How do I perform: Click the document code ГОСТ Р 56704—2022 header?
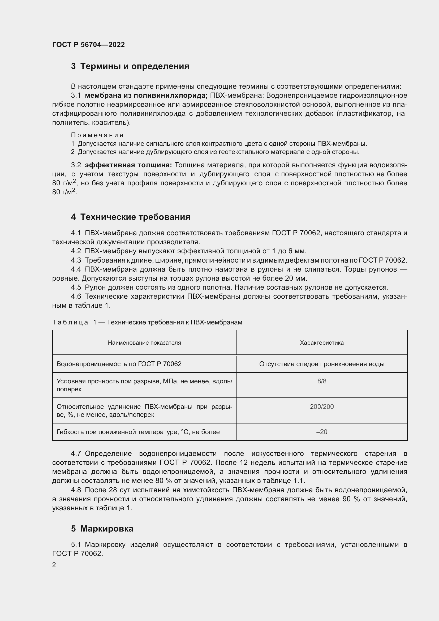click(88, 45)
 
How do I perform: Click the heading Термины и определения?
click(135, 66)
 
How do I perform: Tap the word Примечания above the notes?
click(97, 135)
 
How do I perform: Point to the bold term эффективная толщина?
click(128, 165)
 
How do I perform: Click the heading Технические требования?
click(135, 217)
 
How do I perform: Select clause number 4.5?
click(76, 287)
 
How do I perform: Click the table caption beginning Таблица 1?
click(147, 322)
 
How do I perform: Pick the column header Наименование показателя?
click(144, 343)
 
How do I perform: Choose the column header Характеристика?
click(322, 343)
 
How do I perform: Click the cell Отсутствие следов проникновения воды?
click(322, 364)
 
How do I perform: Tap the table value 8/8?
click(322, 381)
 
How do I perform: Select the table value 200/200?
click(322, 407)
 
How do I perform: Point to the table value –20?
click(322, 432)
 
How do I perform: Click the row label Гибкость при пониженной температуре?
click(138, 432)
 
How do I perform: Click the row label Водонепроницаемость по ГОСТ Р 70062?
click(119, 364)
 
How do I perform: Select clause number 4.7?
click(76, 453)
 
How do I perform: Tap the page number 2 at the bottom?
click(54, 565)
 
